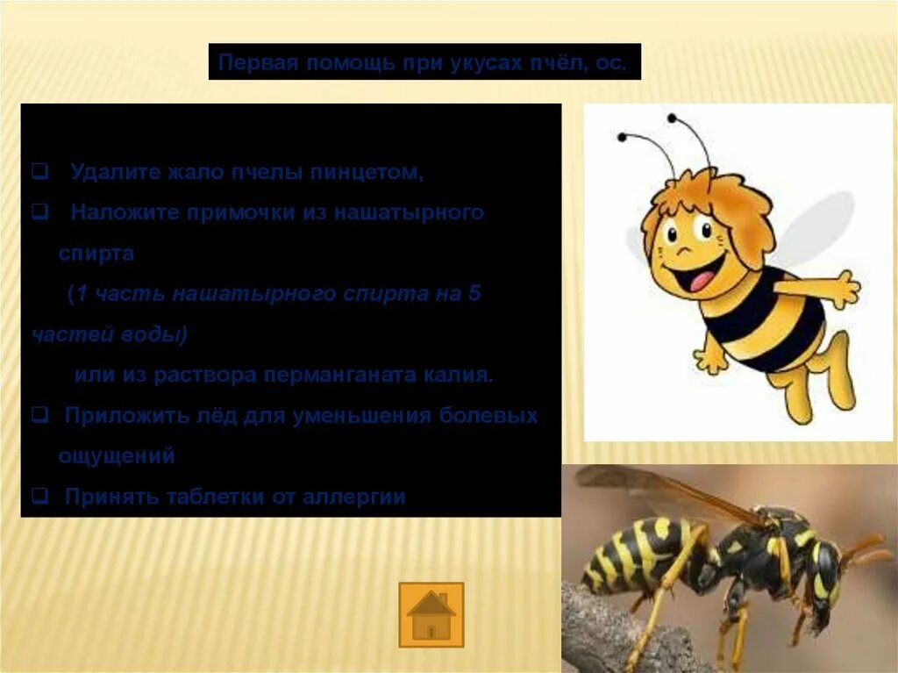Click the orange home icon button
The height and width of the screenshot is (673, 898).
coord(431,613)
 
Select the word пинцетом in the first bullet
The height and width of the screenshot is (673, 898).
coord(374,172)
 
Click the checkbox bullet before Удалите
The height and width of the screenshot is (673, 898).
coord(39,172)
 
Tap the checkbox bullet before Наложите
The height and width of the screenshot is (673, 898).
coord(39,212)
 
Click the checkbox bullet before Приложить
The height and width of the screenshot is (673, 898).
coord(39,416)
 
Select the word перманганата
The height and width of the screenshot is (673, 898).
coord(346,376)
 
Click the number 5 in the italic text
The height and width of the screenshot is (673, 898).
coord(474,294)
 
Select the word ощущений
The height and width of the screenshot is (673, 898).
coord(117,456)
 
